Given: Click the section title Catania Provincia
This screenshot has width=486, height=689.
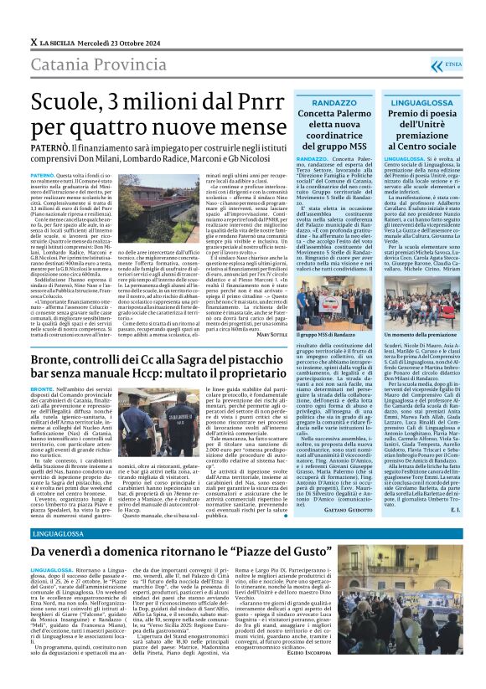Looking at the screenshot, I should tap(98, 64).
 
